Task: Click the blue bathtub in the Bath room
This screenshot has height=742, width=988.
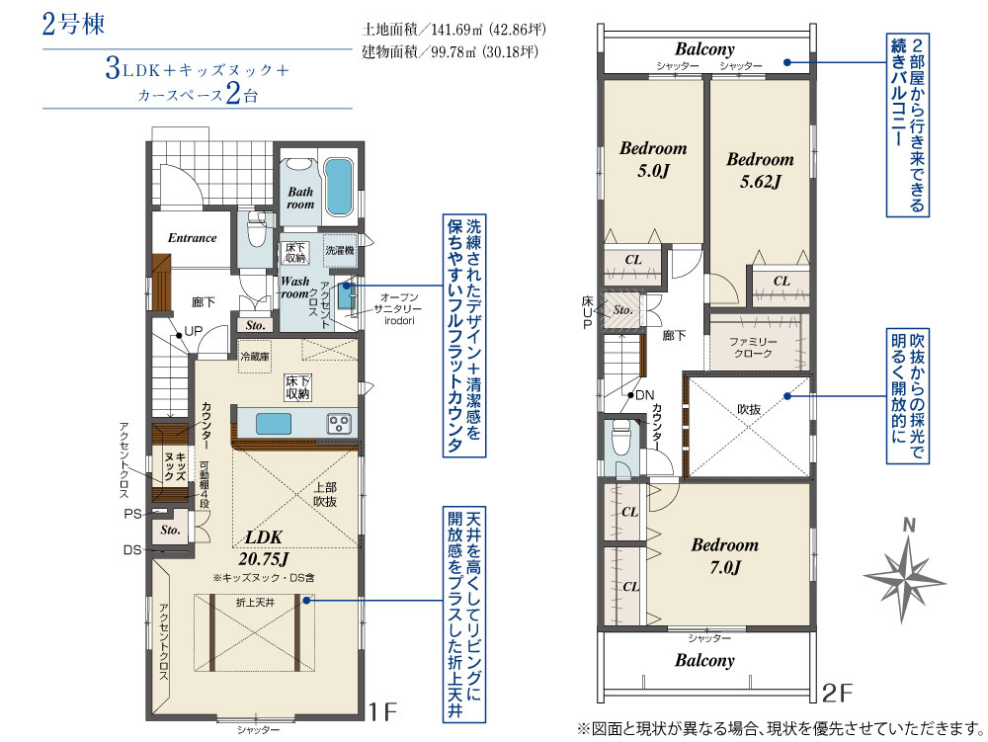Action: coord(338,186)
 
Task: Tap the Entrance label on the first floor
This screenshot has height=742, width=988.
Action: coord(193,238)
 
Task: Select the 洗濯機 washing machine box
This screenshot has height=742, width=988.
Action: coord(340,250)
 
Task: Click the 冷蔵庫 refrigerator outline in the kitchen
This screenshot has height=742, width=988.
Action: coord(255,357)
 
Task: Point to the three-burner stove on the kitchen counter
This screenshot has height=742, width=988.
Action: coord(339,424)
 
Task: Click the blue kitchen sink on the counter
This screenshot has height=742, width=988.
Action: coord(274,424)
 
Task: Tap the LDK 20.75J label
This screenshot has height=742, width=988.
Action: coord(264,548)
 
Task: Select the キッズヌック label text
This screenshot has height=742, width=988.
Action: coord(175,466)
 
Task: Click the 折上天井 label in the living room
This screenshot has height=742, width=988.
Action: coord(255,603)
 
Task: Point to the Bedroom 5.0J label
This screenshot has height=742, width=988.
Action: coord(653,159)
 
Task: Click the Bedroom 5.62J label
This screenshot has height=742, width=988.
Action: coord(761,170)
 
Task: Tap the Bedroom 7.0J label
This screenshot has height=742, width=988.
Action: coord(725,555)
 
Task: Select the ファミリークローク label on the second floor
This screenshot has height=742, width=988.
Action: coord(753,348)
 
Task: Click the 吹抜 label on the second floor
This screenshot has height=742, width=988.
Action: coord(749,409)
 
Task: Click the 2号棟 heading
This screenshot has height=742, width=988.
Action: coord(73,25)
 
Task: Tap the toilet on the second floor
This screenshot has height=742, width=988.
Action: coord(621,436)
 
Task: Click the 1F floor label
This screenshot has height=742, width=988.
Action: coord(382,711)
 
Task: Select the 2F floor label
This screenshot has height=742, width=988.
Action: coord(838,693)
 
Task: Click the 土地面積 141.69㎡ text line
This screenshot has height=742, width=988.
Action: coord(453,30)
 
